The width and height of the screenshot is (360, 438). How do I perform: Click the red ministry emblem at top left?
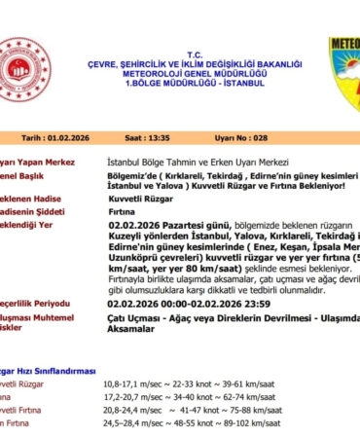click(23, 68)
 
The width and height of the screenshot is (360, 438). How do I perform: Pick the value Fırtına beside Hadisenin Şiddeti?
click(121, 208)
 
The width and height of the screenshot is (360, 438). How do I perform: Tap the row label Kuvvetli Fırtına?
click(23, 412)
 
